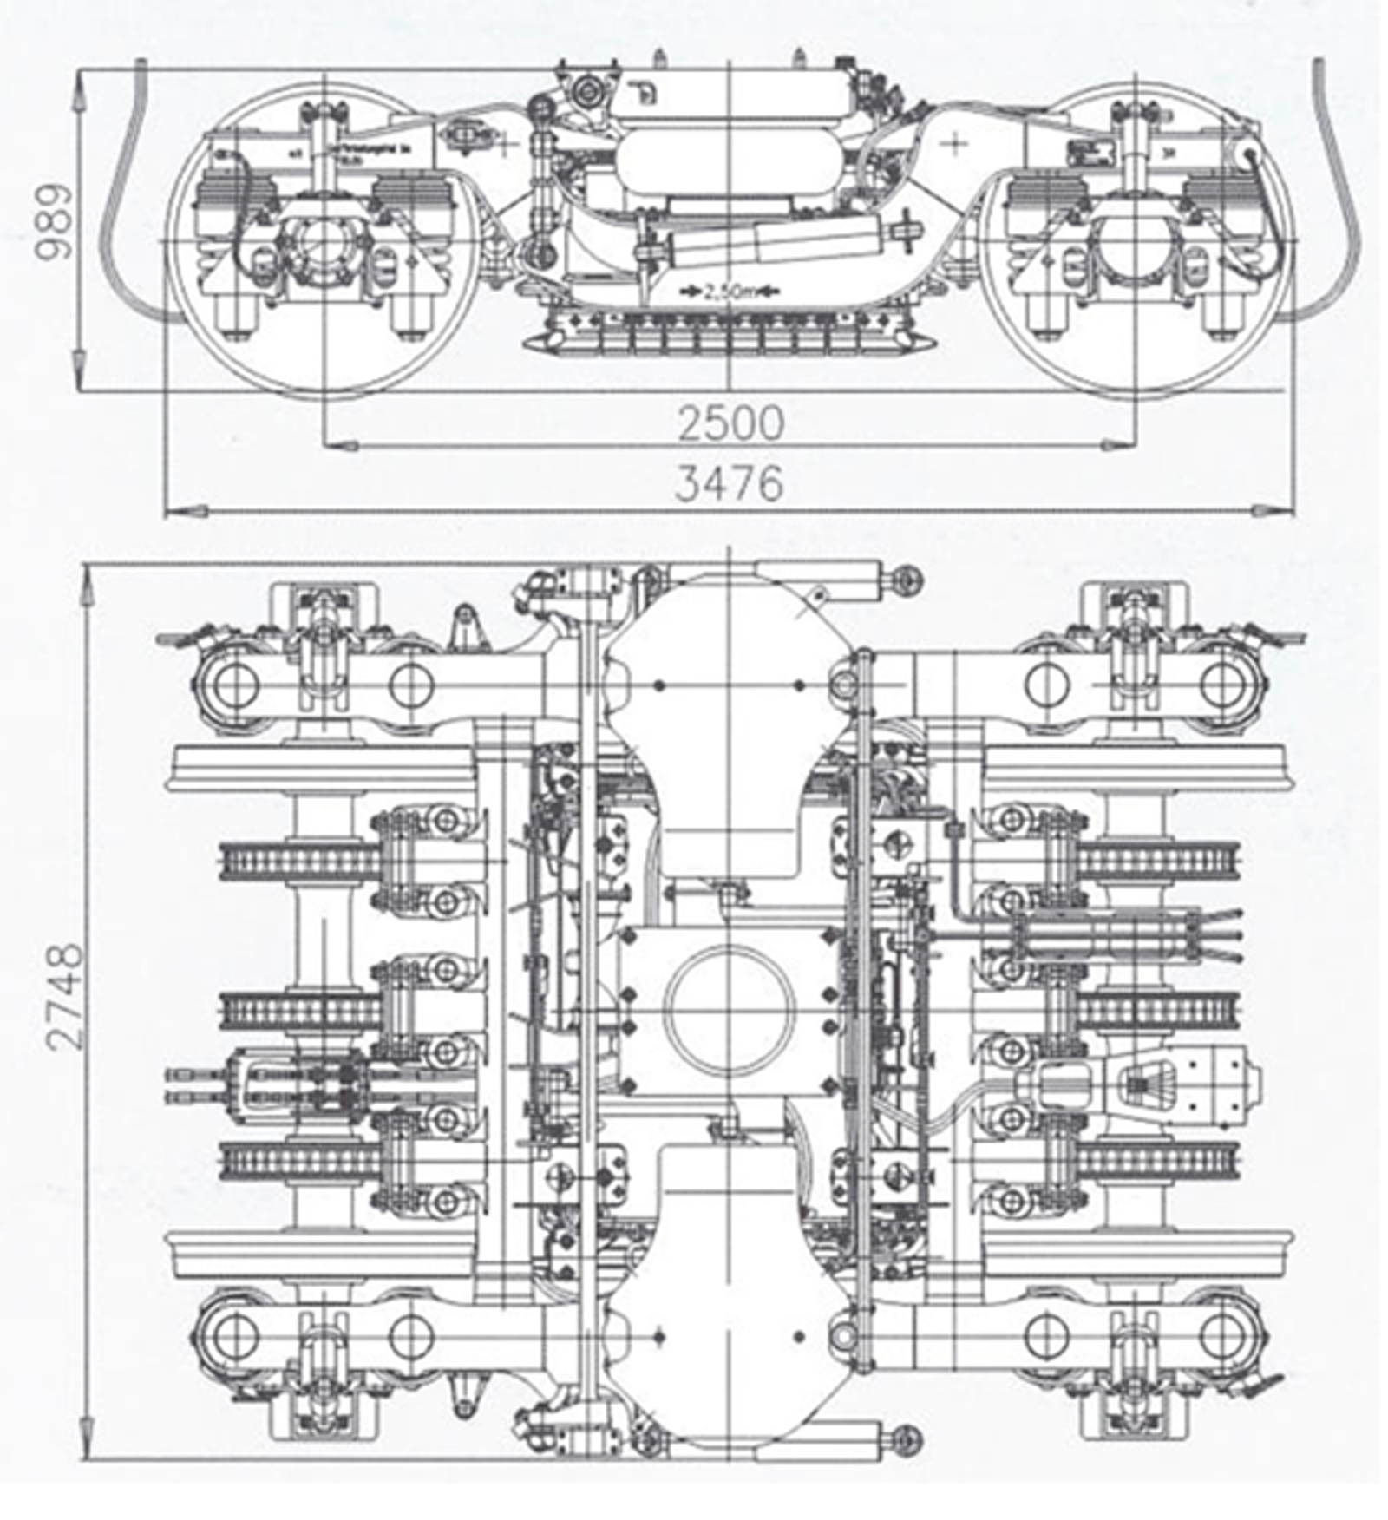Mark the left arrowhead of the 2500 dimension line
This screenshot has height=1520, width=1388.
343,445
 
